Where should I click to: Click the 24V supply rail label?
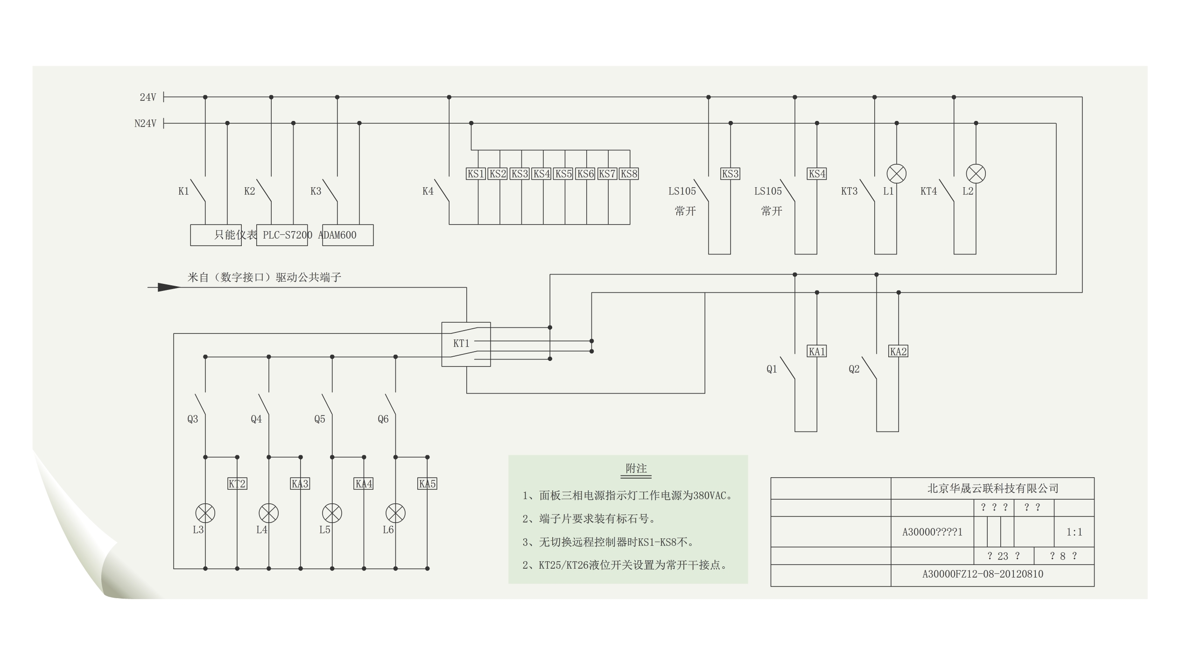click(147, 97)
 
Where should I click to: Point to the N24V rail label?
click(145, 124)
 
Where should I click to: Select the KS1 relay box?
click(476, 174)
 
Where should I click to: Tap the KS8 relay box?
click(629, 174)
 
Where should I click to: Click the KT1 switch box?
click(466, 344)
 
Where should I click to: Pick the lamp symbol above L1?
click(896, 174)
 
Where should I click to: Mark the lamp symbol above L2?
click(976, 174)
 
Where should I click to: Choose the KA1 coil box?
click(817, 351)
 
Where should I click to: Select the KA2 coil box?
click(898, 351)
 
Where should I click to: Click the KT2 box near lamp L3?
click(237, 484)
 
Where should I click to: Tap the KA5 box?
click(427, 484)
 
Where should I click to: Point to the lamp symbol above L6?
click(395, 513)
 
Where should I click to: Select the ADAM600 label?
click(337, 235)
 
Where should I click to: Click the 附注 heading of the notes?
click(636, 468)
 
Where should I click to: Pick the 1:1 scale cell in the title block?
click(1074, 532)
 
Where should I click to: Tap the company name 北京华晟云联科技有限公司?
click(992, 488)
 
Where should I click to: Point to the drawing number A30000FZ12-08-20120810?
click(983, 574)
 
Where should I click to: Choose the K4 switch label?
click(428, 191)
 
